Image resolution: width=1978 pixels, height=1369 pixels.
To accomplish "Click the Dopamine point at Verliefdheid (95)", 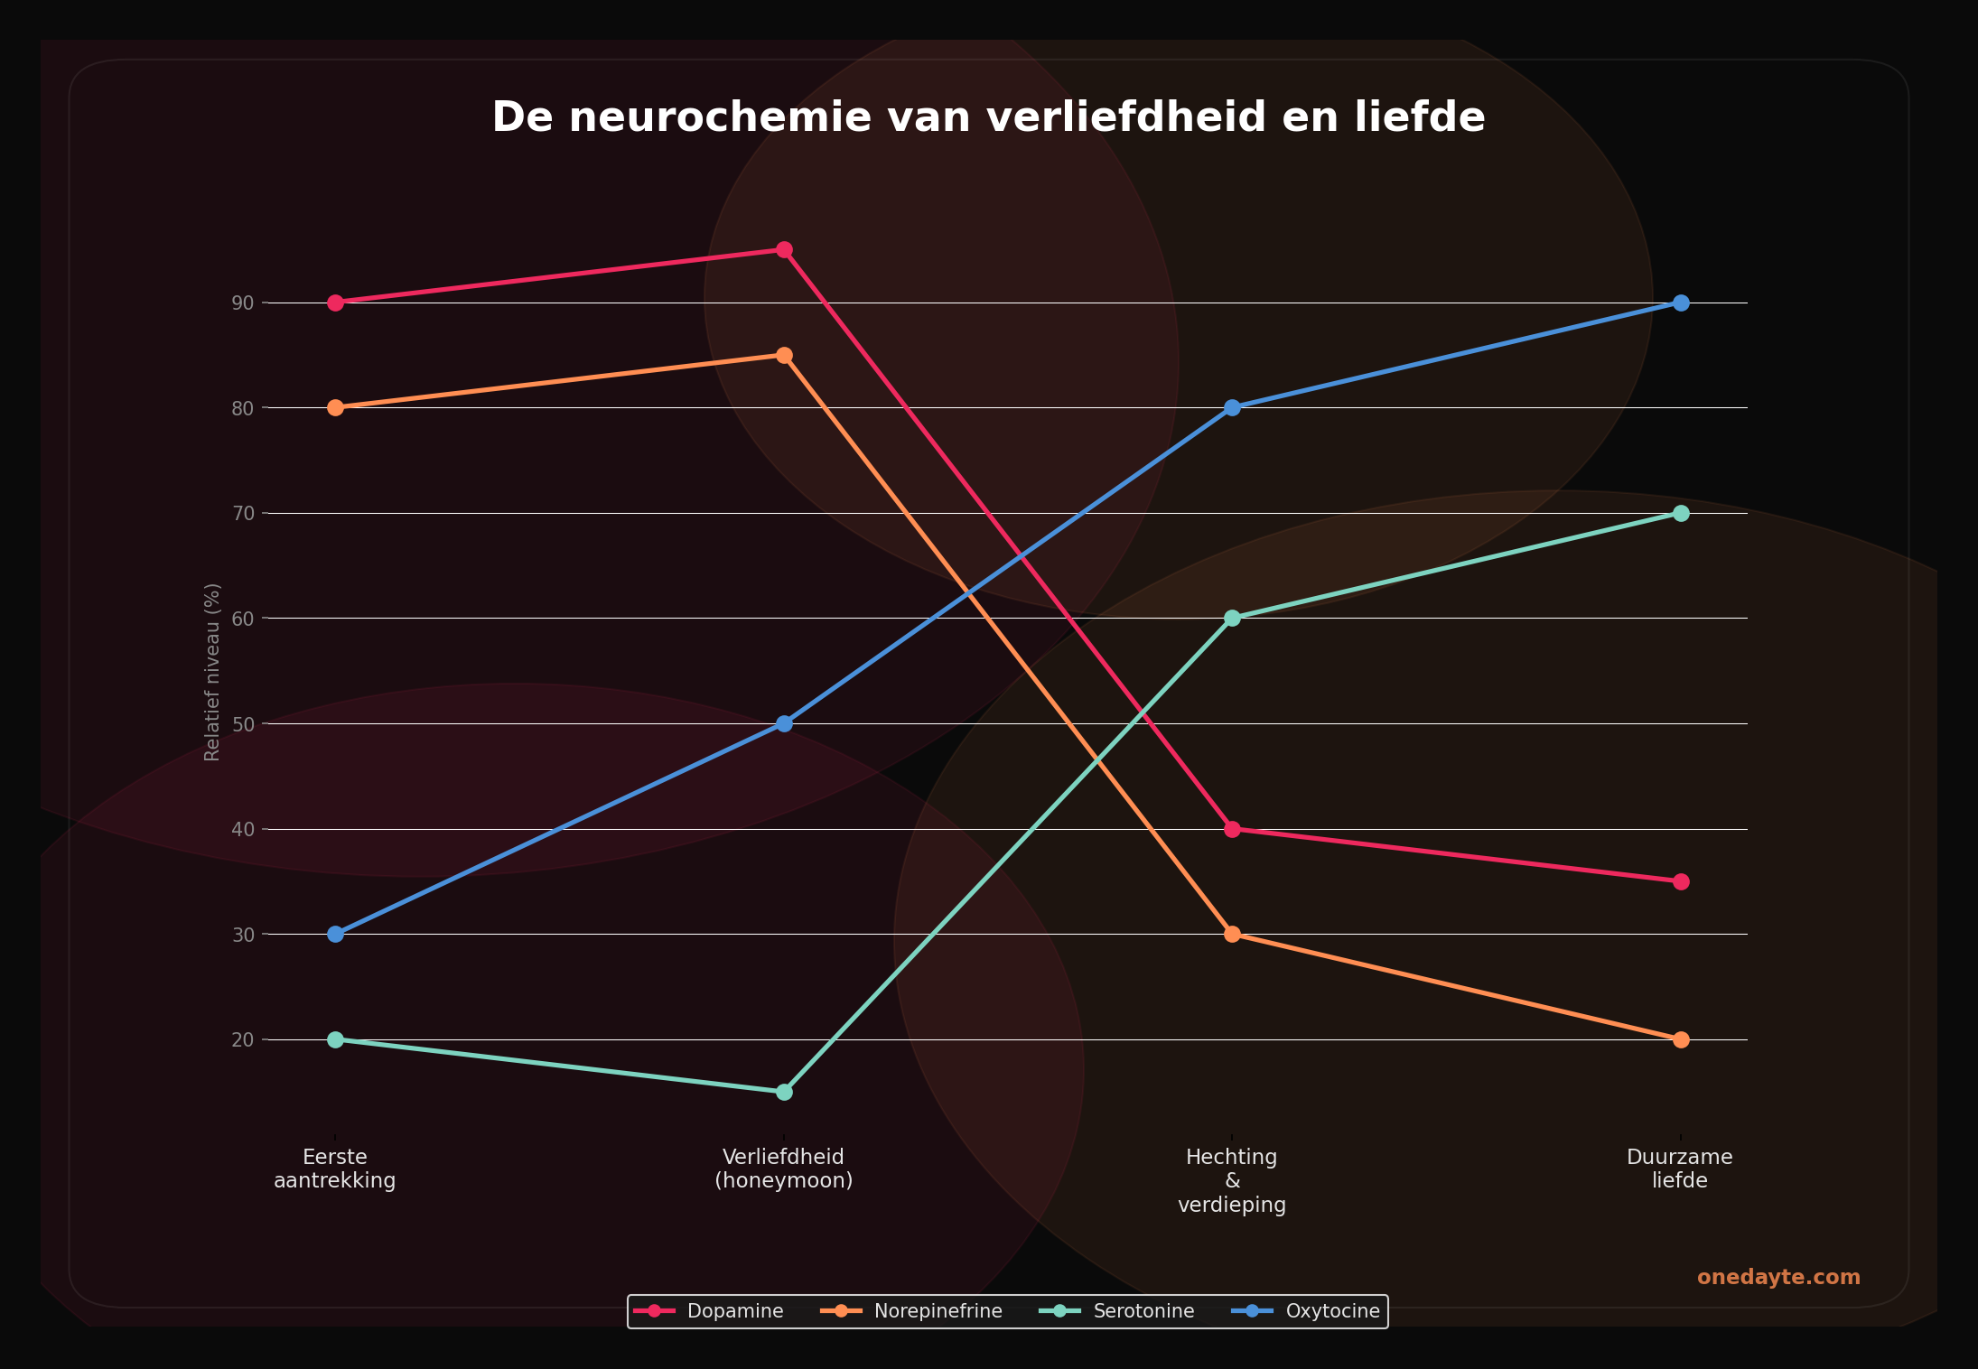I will pyautogui.click(x=784, y=250).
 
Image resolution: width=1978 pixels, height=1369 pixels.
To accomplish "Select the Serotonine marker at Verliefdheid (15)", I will pyautogui.click(x=784, y=1092).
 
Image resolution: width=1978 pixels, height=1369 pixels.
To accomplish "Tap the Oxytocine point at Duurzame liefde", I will pyautogui.click(x=1680, y=303).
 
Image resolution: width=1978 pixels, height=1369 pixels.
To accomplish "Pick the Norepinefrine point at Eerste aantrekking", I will pyautogui.click(x=335, y=407).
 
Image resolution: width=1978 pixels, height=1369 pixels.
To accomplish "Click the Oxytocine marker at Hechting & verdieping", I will pyautogui.click(x=1232, y=407).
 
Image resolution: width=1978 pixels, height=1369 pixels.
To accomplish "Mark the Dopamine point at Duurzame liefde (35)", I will pyautogui.click(x=1680, y=881).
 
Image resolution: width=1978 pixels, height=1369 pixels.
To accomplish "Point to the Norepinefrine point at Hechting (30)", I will pyautogui.click(x=1232, y=934).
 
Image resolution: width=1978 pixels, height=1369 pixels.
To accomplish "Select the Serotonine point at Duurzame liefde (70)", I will pyautogui.click(x=1680, y=513).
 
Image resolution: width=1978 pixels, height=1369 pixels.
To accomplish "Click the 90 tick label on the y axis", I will pyautogui.click(x=243, y=303).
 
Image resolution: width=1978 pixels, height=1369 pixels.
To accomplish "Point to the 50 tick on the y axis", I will pyautogui.click(x=243, y=723).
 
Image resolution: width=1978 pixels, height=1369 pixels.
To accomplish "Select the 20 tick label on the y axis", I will pyautogui.click(x=243, y=1039).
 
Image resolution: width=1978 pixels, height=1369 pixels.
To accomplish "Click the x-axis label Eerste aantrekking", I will pyautogui.click(x=335, y=1169).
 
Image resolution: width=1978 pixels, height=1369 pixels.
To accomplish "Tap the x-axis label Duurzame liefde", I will pyautogui.click(x=1680, y=1169).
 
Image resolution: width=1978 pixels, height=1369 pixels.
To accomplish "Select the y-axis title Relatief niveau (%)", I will pyautogui.click(x=212, y=671).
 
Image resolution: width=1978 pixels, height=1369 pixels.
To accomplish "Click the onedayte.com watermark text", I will pyautogui.click(x=1778, y=1277).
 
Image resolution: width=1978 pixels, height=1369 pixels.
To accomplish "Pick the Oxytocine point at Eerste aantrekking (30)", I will pyautogui.click(x=335, y=934).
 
